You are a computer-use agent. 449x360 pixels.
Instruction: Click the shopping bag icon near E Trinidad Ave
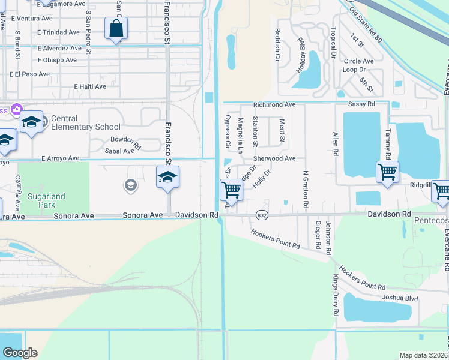(x=115, y=28)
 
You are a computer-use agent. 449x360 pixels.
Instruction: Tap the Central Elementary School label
(x=85, y=122)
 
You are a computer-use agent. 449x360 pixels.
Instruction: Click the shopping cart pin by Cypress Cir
(x=231, y=191)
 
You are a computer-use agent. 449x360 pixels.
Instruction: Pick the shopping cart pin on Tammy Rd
(x=387, y=172)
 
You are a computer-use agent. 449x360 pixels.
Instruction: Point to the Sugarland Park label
(x=45, y=200)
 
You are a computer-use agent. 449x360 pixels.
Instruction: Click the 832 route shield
(x=261, y=214)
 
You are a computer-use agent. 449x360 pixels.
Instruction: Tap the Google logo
(x=20, y=353)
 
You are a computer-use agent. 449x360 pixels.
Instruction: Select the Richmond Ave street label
(x=274, y=104)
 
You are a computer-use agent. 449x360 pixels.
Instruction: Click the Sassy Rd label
(x=362, y=104)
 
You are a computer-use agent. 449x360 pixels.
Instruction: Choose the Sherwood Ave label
(x=274, y=158)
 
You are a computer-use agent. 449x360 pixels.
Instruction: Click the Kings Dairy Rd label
(x=335, y=296)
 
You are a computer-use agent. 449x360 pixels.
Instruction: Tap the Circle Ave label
(x=359, y=61)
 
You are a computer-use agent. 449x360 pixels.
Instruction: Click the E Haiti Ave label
(x=94, y=86)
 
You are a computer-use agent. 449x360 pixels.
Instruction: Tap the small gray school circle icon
(x=130, y=185)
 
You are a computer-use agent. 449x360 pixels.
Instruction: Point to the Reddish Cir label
(x=278, y=46)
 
